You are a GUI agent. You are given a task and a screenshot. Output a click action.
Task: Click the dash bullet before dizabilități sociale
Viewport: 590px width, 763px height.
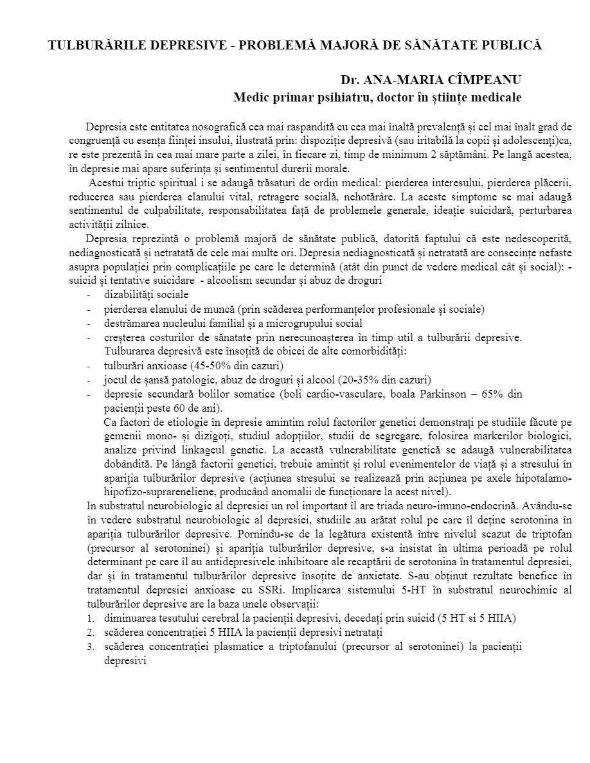(x=88, y=295)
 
